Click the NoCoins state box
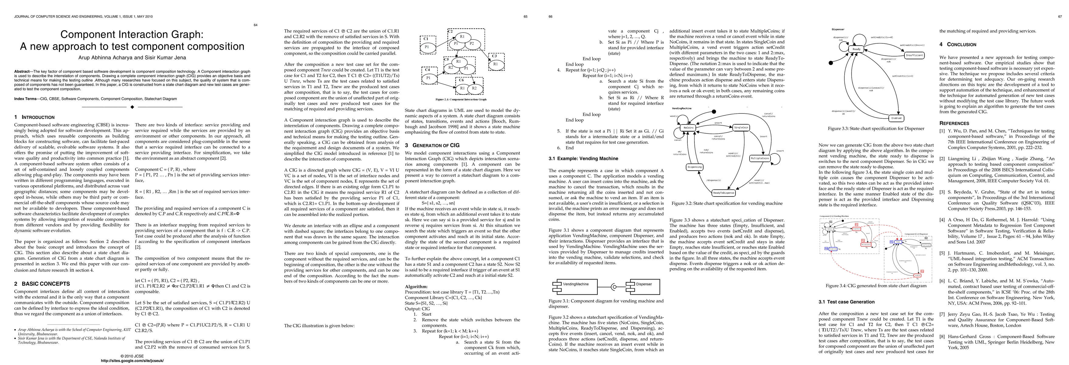(688, 127)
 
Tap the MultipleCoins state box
(760, 158)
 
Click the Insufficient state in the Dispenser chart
(914, 55)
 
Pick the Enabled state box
(896, 118)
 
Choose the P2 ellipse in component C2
(472, 43)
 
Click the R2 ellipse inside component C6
(474, 89)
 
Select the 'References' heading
(954, 123)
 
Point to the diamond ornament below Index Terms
(132, 107)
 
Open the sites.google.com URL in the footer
(132, 361)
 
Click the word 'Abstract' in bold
(22, 71)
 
